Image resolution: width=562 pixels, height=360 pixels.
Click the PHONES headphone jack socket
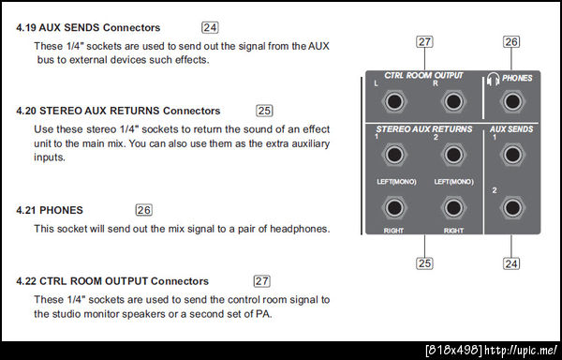[512, 102]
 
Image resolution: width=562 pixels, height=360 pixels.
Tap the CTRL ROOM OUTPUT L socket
[394, 102]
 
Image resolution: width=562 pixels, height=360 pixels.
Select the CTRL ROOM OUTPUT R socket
[453, 102]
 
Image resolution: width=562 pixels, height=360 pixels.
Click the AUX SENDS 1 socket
[512, 155]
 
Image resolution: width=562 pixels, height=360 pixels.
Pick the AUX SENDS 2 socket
[512, 208]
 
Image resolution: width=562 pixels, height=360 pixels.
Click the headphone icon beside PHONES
[494, 80]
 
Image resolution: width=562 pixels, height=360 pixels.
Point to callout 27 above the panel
[424, 42]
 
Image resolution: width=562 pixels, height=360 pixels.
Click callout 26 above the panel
[511, 42]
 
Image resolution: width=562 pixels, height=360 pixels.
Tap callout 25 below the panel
[424, 263]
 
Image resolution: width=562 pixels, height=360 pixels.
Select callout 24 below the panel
[511, 263]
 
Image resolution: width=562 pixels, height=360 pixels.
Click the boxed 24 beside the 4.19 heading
[210, 27]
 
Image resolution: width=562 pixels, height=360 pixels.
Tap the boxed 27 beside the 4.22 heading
[261, 281]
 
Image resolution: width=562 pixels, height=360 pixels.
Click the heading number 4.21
[26, 210]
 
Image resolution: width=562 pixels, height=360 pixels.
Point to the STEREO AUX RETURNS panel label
[424, 129]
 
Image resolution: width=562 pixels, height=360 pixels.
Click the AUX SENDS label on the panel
[511, 129]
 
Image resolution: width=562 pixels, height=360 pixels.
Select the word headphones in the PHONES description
[299, 229]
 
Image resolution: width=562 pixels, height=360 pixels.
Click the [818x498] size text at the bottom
[453, 351]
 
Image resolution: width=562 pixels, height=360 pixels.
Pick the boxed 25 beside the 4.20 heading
[264, 111]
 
